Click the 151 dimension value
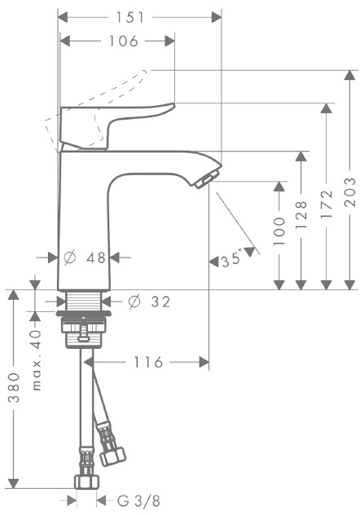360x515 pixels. [130, 17]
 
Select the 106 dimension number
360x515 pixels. [124, 42]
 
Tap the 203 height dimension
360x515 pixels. [350, 192]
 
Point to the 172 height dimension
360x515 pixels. [327, 205]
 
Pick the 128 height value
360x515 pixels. [301, 215]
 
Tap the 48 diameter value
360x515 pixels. [96, 257]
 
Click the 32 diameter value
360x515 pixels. [160, 302]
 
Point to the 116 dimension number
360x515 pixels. [148, 363]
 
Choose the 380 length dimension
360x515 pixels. [14, 388]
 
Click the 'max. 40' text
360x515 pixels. [37, 360]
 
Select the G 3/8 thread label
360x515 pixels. [138, 501]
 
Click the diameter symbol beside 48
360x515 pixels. [70, 257]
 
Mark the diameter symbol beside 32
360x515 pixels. [134, 302]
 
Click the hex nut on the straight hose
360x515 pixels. [87, 482]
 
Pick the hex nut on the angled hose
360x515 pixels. [113, 456]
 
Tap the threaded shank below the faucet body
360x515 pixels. [84, 301]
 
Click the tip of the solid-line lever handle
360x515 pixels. [174, 105]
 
